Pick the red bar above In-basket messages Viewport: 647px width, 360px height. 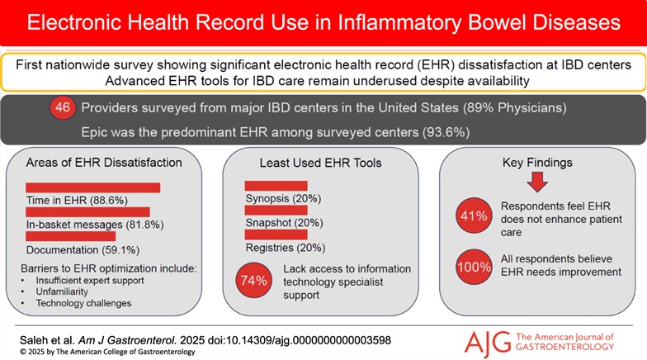coord(87,211)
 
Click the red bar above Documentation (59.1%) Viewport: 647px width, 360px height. coord(70,234)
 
